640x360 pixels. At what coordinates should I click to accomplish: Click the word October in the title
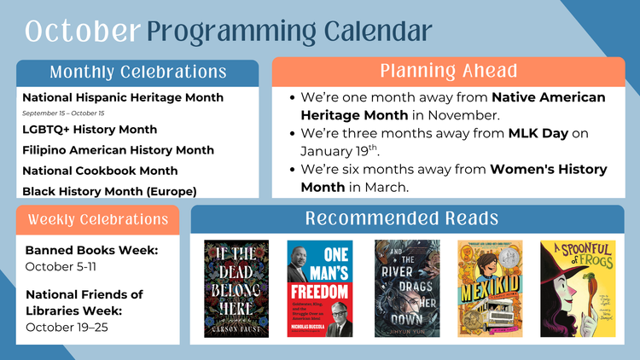click(x=82, y=31)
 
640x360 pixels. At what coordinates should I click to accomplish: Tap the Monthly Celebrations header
click(x=137, y=72)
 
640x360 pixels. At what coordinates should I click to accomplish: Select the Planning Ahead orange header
click(x=448, y=71)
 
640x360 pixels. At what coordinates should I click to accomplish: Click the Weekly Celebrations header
click(x=98, y=219)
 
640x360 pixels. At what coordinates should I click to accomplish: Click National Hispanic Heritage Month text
click(x=123, y=98)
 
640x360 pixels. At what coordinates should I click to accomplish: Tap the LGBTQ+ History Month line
click(x=90, y=130)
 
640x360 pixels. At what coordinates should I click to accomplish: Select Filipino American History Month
click(x=118, y=150)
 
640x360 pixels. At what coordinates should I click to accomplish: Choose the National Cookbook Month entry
click(x=100, y=171)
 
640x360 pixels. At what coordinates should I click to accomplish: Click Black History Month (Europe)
click(x=109, y=191)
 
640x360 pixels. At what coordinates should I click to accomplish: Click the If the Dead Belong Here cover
click(x=236, y=288)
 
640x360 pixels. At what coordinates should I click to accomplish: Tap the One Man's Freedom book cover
click(x=320, y=288)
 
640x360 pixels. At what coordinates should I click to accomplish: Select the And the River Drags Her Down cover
click(x=407, y=288)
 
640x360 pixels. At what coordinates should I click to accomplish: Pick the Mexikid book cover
click(x=490, y=288)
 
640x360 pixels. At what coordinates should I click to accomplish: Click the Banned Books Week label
click(x=91, y=251)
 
